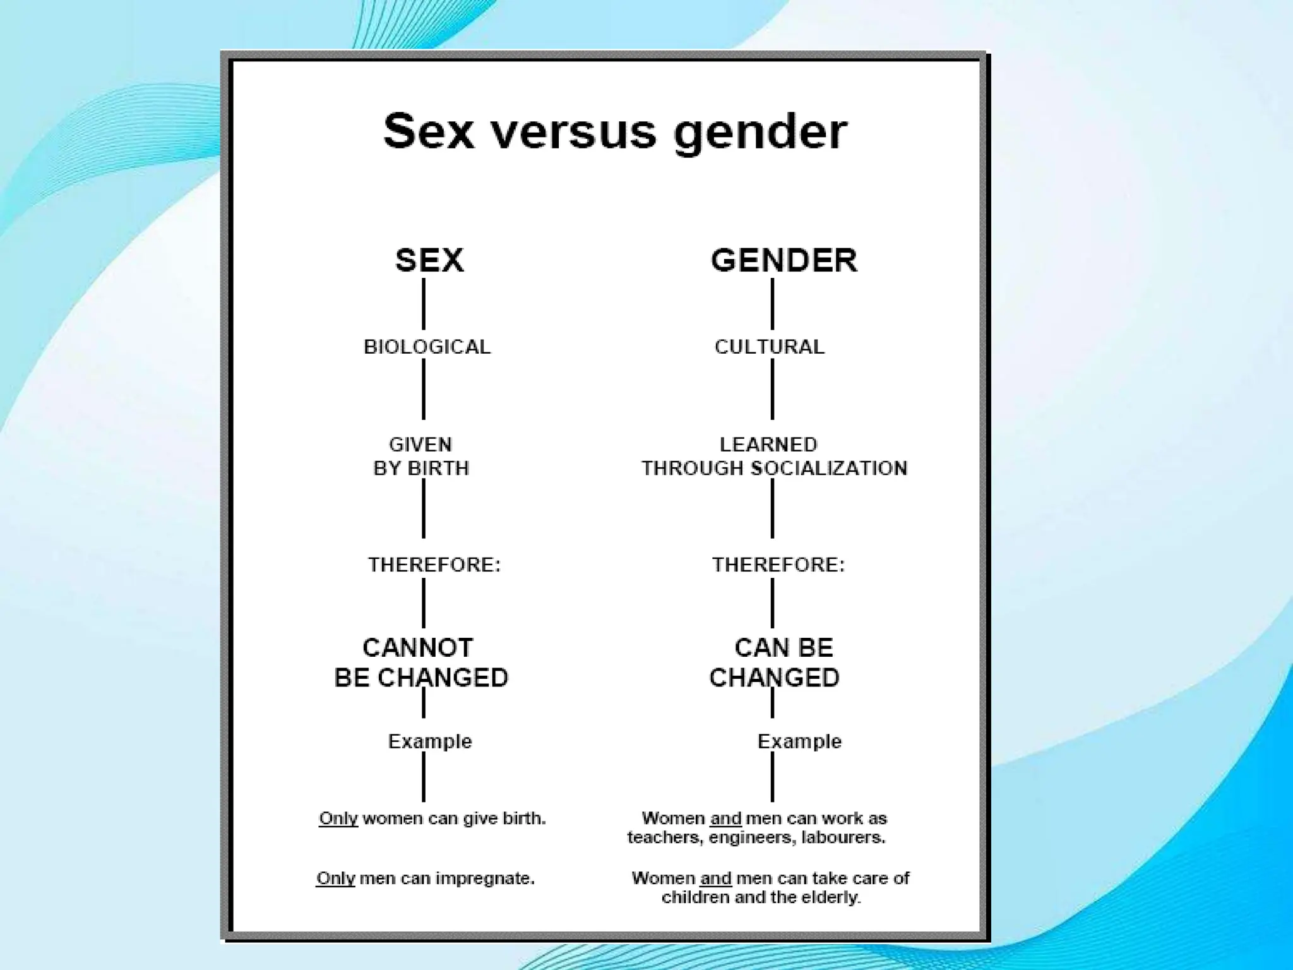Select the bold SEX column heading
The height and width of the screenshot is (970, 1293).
429,260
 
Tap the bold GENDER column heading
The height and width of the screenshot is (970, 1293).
784,260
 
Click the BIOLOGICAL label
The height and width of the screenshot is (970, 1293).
427,347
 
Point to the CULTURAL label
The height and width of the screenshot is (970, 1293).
769,347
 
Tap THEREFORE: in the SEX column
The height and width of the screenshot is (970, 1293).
434,565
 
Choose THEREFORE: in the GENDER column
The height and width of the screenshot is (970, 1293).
778,565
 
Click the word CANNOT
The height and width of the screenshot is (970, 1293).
417,648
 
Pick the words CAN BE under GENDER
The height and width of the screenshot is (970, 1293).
784,648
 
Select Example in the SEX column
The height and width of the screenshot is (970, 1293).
430,741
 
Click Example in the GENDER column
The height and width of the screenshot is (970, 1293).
799,741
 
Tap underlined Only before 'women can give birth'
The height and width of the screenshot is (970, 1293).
338,818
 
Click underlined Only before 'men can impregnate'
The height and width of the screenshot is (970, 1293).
336,878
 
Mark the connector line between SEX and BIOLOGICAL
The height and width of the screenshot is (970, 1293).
424,304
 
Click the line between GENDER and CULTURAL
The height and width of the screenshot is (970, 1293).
772,304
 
